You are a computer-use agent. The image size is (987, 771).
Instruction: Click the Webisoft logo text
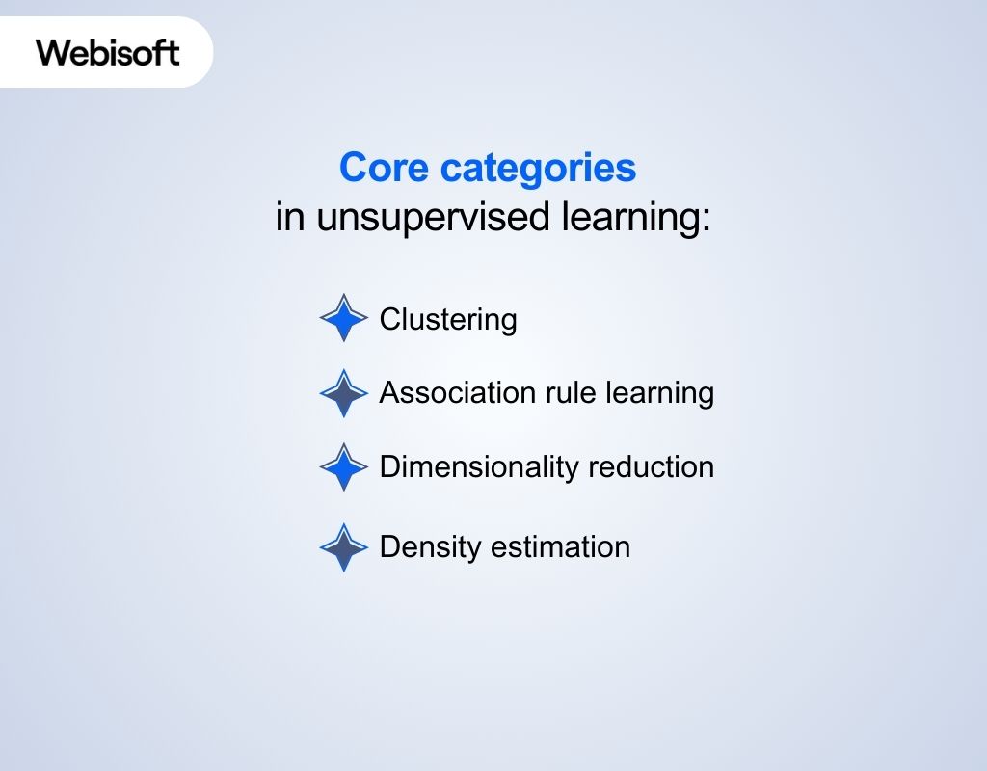point(108,52)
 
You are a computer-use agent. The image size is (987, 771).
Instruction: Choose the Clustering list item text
point(448,319)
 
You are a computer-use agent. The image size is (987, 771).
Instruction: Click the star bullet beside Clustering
point(344,318)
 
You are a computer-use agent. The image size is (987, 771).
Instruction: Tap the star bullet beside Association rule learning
point(344,393)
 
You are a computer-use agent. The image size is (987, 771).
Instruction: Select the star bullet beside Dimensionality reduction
point(344,467)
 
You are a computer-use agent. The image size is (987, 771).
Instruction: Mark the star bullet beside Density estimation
point(344,547)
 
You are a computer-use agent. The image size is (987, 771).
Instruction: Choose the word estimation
point(560,547)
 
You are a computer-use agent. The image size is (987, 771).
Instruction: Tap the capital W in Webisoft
point(52,52)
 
